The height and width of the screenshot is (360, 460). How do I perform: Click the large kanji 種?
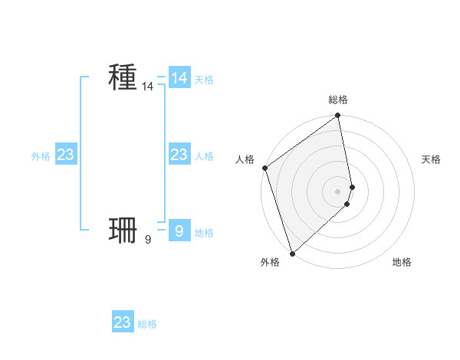click(x=123, y=77)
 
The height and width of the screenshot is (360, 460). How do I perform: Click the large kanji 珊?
click(x=123, y=229)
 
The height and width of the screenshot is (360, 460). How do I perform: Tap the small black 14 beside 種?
click(x=148, y=87)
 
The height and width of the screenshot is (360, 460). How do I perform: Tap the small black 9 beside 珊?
click(x=148, y=240)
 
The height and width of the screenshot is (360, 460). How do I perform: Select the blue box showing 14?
click(x=179, y=77)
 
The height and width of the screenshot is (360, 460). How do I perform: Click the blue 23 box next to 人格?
click(x=179, y=155)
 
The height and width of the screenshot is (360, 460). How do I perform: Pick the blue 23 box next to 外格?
click(x=66, y=155)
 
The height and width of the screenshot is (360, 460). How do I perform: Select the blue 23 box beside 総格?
click(x=123, y=322)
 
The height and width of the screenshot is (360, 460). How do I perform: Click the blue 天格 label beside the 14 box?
click(x=204, y=80)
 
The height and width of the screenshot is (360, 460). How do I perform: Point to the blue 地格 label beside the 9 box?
click(x=204, y=233)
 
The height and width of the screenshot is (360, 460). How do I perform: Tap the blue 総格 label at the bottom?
click(x=147, y=325)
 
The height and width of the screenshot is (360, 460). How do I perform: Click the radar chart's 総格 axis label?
click(x=338, y=100)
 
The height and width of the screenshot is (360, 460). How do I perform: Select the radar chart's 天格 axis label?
click(x=431, y=159)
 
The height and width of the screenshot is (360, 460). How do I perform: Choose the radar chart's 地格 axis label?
click(x=402, y=263)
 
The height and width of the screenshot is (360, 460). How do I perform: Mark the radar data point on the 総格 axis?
click(x=338, y=116)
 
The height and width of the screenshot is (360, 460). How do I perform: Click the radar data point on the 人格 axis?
click(x=264, y=168)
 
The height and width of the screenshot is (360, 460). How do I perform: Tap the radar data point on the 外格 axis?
click(x=292, y=254)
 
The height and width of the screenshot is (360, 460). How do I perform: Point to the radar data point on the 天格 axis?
click(x=352, y=187)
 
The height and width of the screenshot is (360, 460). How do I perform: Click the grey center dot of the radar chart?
click(x=338, y=191)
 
